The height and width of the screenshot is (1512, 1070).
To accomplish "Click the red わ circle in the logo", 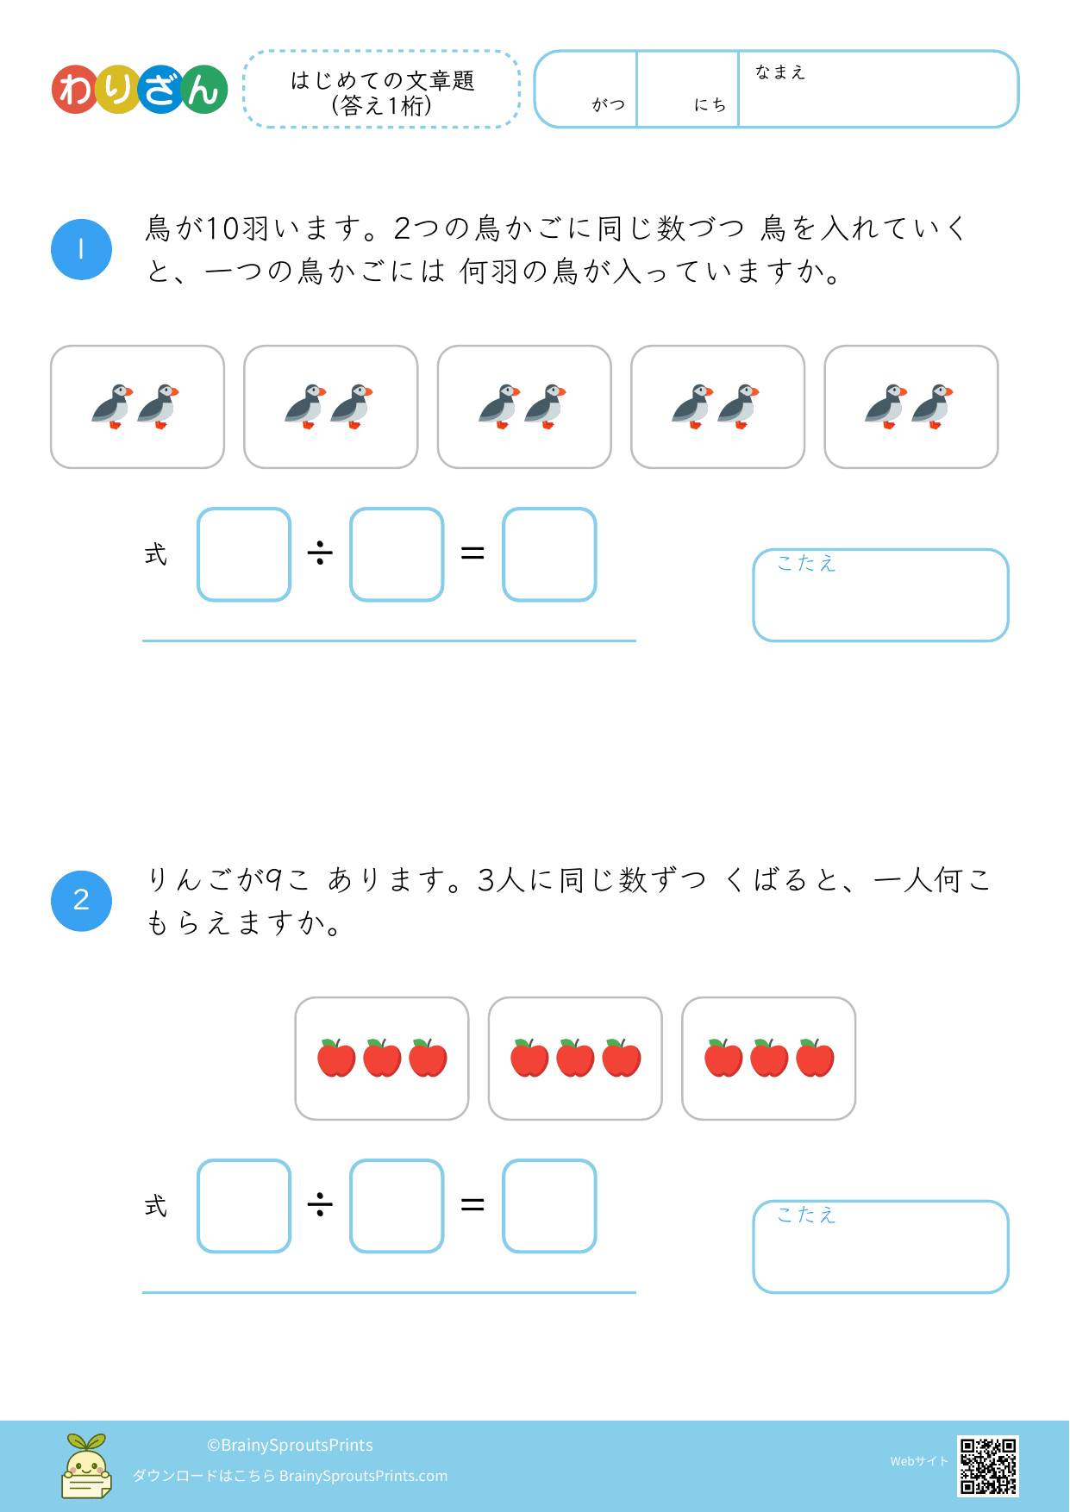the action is [x=77, y=90].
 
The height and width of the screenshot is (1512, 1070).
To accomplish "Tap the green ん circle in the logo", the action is [x=203, y=90].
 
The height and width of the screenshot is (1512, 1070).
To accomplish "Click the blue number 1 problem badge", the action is [x=81, y=250].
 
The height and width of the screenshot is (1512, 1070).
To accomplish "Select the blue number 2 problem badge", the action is [x=81, y=901].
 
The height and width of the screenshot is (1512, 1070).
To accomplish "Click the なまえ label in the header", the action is [x=780, y=72].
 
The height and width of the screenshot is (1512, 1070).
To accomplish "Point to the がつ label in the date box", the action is [x=609, y=104].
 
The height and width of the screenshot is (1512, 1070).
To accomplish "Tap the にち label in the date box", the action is [x=710, y=104].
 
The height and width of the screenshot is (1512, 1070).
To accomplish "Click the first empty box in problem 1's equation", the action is [x=244, y=554].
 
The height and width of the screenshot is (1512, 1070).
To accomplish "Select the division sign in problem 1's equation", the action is [x=320, y=553].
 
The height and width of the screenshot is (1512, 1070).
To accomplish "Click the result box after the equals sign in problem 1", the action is [x=549, y=554].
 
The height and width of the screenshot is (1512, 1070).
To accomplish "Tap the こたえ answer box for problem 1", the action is [x=880, y=596].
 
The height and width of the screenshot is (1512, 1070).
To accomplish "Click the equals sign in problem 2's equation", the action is [x=472, y=1204].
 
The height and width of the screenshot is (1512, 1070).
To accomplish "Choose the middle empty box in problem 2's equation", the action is [x=397, y=1206].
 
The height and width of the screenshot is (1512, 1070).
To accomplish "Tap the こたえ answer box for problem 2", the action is [x=880, y=1247].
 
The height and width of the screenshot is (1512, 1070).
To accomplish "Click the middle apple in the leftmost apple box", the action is [x=382, y=1058].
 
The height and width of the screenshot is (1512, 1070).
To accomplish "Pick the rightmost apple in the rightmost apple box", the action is [x=815, y=1058].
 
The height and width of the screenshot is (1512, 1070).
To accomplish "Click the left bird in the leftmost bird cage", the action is [x=113, y=407].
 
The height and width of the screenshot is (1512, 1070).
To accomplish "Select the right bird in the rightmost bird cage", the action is [x=932, y=407].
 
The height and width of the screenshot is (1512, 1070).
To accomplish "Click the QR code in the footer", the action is [x=988, y=1465].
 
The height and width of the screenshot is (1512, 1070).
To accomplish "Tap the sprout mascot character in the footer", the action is [x=86, y=1465].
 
